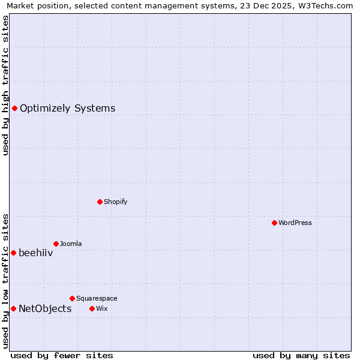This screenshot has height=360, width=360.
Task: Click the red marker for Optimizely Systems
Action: pos(14,108)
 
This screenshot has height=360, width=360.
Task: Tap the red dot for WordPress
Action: pos(274,223)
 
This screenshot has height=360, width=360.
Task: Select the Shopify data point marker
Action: pos(100,202)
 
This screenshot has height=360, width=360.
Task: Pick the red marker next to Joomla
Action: pos(56,244)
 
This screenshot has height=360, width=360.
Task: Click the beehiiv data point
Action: pos(13,253)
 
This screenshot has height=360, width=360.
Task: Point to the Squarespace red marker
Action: pos(72,298)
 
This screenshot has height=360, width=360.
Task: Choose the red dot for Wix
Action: pos(92,308)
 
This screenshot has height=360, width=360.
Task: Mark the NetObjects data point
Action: pos(13,308)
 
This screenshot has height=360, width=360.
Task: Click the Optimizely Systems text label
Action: pos(67,109)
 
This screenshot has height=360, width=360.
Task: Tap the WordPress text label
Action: pos(295,223)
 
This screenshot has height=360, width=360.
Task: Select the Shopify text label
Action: pos(115,202)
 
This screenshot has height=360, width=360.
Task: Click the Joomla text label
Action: pos(71,244)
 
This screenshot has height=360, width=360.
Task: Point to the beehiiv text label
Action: pos(36,253)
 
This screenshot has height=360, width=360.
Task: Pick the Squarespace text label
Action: pos(97,298)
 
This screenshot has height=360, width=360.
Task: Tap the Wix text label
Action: pos(101,308)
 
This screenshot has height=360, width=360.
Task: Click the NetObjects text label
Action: pos(45,309)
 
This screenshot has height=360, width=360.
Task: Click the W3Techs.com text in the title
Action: pos(325,6)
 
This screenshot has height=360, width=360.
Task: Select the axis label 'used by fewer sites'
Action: pos(62,355)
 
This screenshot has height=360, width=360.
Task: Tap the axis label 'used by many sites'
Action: pos(301,355)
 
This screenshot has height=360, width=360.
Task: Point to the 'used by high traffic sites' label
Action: pos(6,85)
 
